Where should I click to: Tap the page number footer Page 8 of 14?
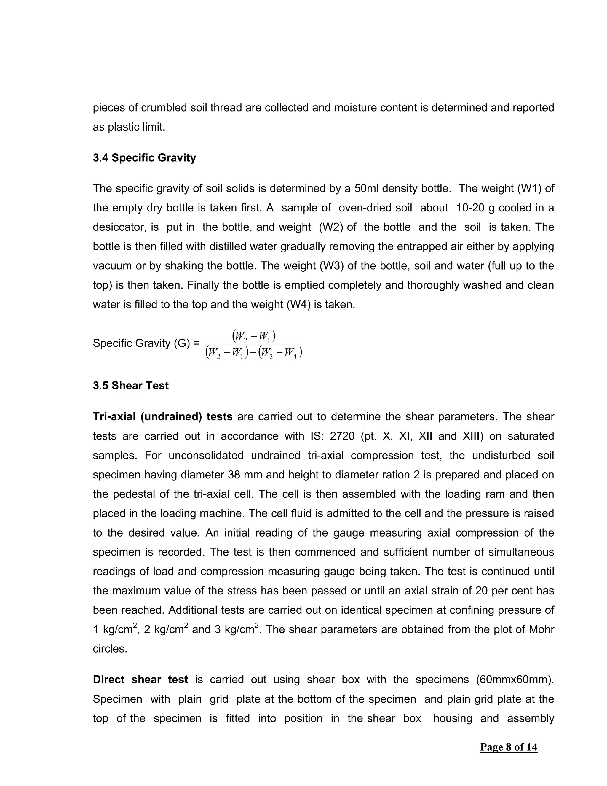(x=509, y=747)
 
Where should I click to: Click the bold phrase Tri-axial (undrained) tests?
(x=162, y=416)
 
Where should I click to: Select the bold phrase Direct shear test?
(x=140, y=680)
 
